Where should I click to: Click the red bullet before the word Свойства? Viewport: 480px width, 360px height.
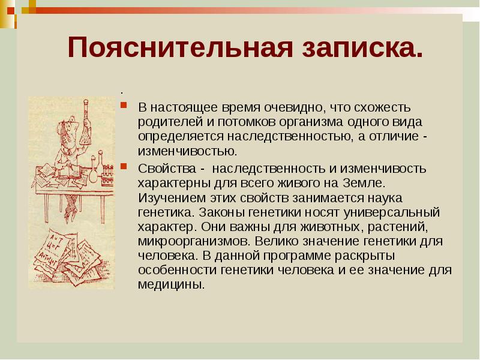click(x=123, y=165)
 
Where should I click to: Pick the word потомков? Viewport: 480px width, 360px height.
click(x=234, y=122)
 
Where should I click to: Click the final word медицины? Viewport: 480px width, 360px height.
click(x=171, y=284)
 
